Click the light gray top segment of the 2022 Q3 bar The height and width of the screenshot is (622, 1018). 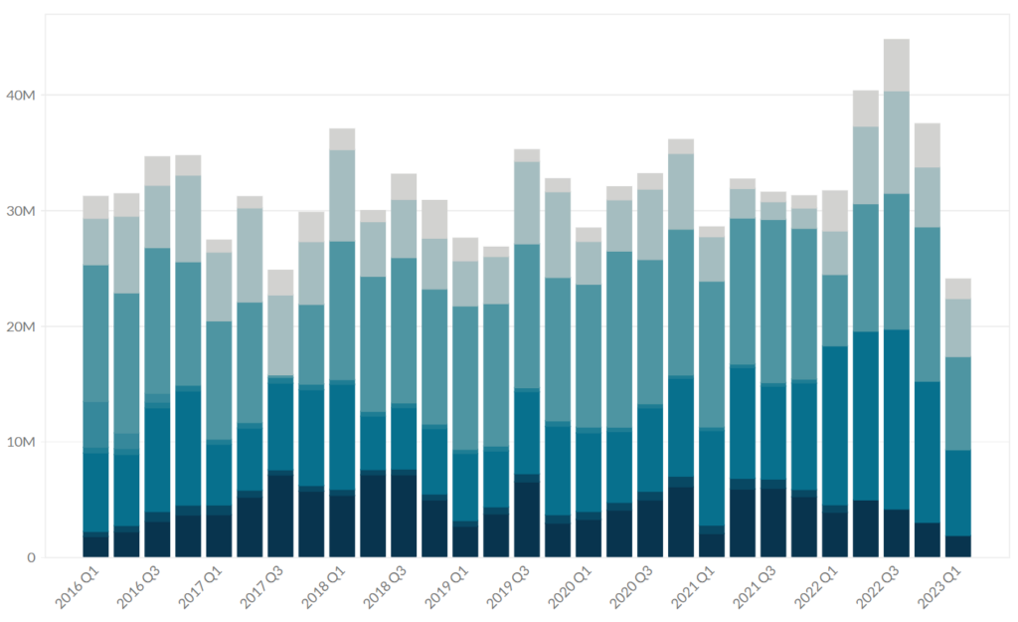[897, 65]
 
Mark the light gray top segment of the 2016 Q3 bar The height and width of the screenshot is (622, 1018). [157, 170]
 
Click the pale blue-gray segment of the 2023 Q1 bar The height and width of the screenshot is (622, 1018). [958, 327]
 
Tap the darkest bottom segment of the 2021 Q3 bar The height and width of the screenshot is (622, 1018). [773, 523]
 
